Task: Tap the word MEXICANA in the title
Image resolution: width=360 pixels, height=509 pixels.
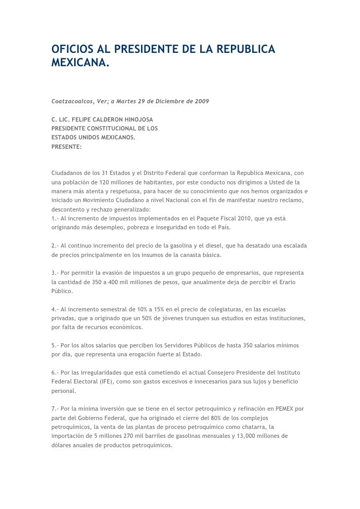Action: pos(79,64)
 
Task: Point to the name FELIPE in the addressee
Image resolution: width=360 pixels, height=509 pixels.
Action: pos(87,120)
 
